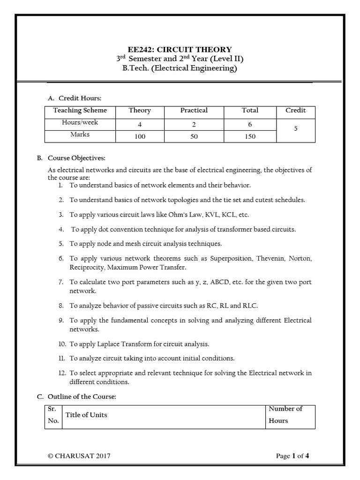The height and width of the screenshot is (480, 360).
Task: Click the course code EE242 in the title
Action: click(x=140, y=50)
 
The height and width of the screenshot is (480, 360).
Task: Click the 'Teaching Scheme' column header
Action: click(x=80, y=111)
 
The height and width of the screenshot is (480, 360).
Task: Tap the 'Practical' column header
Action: click(x=194, y=111)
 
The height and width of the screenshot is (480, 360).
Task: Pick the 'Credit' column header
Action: click(x=295, y=111)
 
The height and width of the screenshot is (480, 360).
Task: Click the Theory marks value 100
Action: click(x=140, y=136)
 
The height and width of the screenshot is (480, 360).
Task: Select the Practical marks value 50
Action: click(x=194, y=136)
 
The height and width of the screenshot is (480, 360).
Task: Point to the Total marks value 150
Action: click(x=250, y=136)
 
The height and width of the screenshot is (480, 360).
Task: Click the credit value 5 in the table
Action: click(x=296, y=128)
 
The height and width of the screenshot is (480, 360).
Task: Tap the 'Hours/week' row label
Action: click(x=80, y=122)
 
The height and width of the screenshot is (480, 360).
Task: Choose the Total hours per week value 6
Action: click(x=250, y=125)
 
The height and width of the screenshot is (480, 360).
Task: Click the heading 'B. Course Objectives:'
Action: click(x=71, y=157)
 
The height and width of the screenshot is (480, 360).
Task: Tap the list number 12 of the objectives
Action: click(x=62, y=373)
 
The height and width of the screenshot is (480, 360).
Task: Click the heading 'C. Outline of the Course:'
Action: click(x=76, y=397)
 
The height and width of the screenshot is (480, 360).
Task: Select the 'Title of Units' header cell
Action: click(x=86, y=415)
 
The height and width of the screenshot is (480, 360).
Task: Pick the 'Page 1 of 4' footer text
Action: click(x=292, y=456)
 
